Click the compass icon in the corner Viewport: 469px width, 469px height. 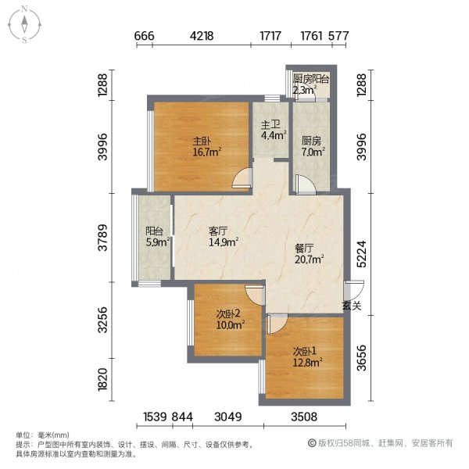24,25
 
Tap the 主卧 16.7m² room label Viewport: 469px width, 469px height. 206,147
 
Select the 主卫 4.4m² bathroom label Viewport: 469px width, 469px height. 274,130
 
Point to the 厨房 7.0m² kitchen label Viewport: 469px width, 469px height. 313,147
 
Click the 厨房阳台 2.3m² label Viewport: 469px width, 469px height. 310,84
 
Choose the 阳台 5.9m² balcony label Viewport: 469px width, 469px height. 158,237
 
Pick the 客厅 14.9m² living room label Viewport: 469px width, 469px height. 224,236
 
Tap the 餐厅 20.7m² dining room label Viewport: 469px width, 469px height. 310,253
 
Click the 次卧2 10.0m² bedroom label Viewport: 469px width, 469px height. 231,319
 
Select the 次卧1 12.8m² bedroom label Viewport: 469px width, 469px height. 307,357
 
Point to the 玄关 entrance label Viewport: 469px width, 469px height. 352,306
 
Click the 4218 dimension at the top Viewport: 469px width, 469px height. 202,36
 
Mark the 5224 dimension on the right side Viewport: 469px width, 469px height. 361,253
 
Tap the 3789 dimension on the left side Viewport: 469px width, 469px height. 102,238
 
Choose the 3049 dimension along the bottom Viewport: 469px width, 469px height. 228,417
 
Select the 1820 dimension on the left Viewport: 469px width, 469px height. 102,379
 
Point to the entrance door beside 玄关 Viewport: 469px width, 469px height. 354,291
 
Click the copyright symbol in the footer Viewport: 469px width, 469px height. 312,443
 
